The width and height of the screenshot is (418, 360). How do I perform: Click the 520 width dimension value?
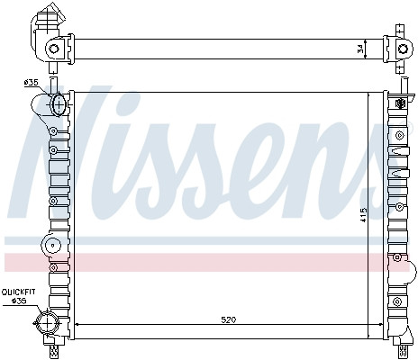[229, 318]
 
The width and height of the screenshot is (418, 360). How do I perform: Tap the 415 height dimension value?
[363, 215]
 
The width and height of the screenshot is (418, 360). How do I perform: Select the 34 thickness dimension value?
[362, 49]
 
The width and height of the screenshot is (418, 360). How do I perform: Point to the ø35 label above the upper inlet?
[31, 83]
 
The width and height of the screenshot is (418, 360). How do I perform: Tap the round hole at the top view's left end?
[54, 48]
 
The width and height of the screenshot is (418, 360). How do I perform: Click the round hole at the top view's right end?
[395, 49]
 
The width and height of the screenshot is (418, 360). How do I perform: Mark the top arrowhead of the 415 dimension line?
[370, 92]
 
